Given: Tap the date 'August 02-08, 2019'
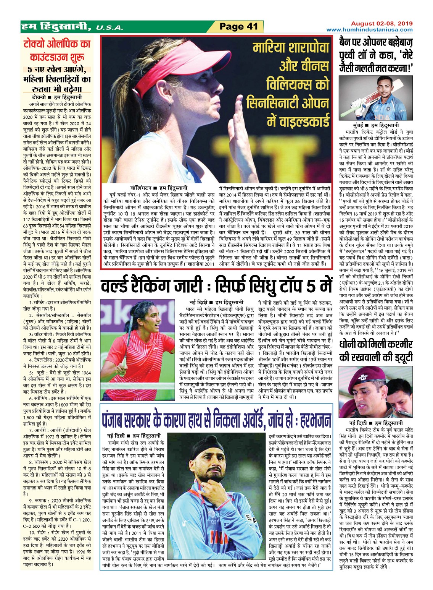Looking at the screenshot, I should [381, 23].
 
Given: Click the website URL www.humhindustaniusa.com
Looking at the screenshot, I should [369, 30].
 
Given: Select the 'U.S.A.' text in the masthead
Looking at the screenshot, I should [109, 28].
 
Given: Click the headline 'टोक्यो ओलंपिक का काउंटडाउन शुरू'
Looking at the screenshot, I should [56, 51].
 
